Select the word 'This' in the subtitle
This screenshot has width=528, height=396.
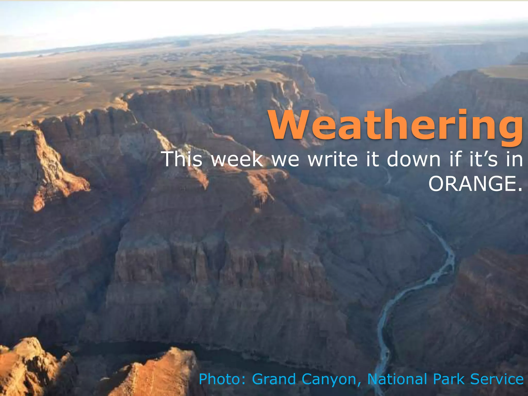(x=183, y=159)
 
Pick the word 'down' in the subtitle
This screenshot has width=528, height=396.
(x=414, y=159)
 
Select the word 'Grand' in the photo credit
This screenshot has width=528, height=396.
(x=274, y=379)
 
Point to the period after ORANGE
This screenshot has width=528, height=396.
(x=519, y=190)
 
